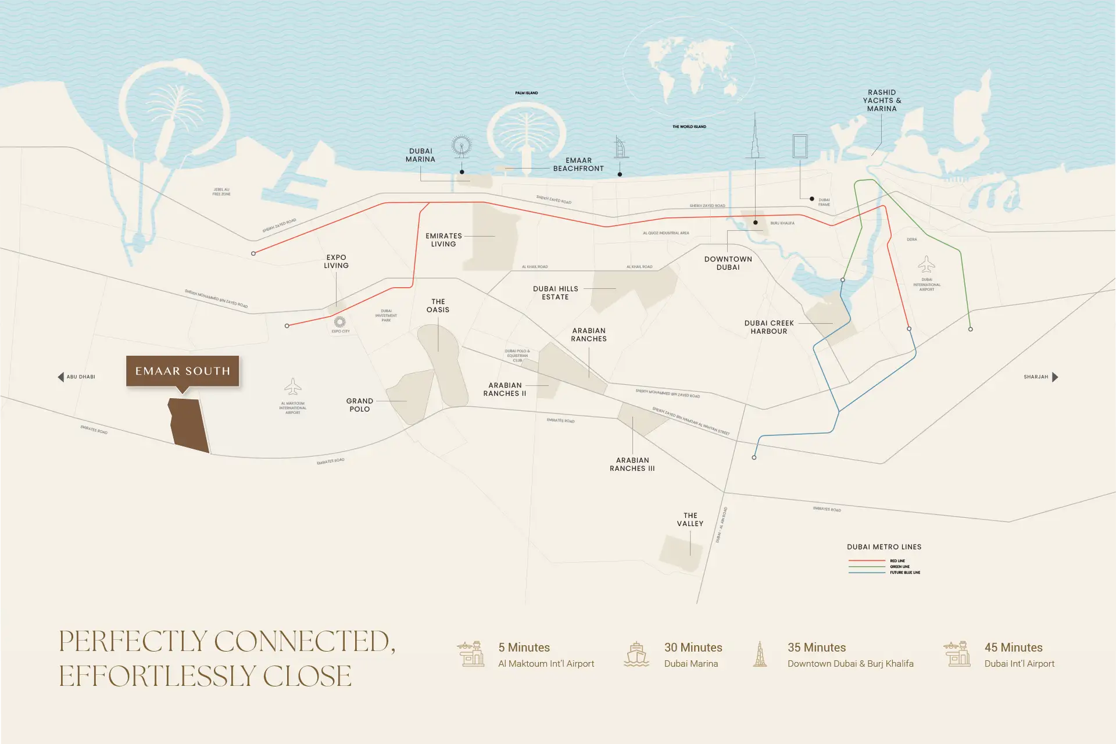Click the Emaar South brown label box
point(183,371)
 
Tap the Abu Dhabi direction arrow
point(60,377)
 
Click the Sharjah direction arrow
point(1055,377)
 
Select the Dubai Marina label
point(420,155)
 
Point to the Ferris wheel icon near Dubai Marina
point(462,146)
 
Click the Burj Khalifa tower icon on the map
point(755,137)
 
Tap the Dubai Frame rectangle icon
point(800,146)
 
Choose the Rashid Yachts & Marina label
point(882,101)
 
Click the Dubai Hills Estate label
point(555,293)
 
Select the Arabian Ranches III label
point(632,464)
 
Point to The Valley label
point(690,520)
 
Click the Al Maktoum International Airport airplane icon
point(293,387)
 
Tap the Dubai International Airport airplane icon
point(927,264)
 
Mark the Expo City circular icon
point(340,321)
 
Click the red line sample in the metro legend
point(866,561)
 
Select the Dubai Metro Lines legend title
point(884,547)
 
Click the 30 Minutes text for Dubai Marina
point(693,648)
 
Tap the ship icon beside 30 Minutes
point(636,654)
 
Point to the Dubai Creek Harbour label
point(768,327)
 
